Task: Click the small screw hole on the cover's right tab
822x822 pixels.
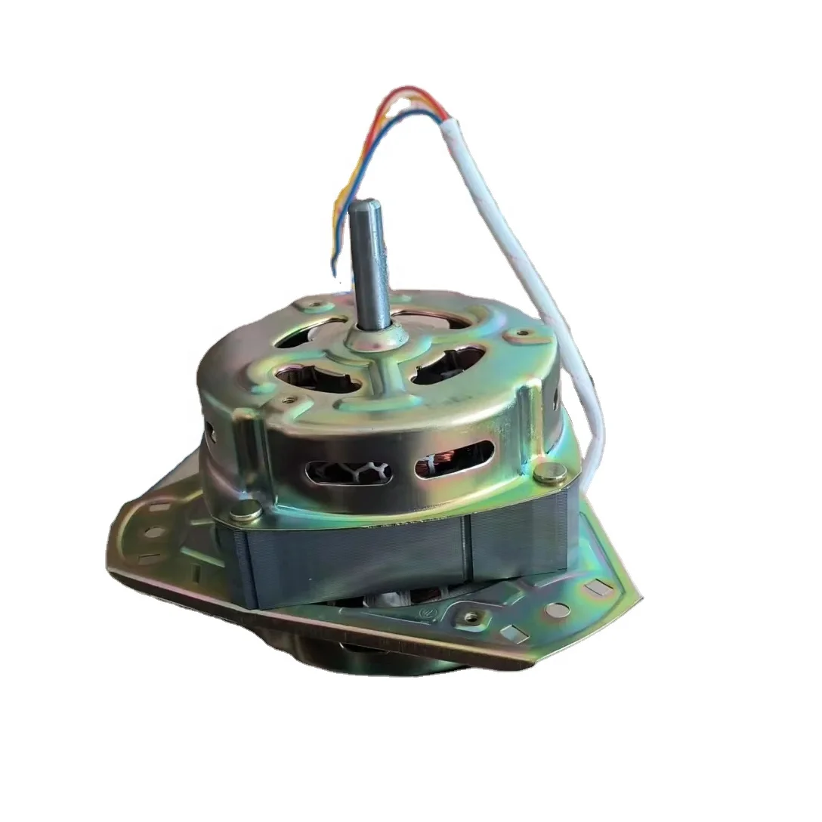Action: point(521,332)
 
